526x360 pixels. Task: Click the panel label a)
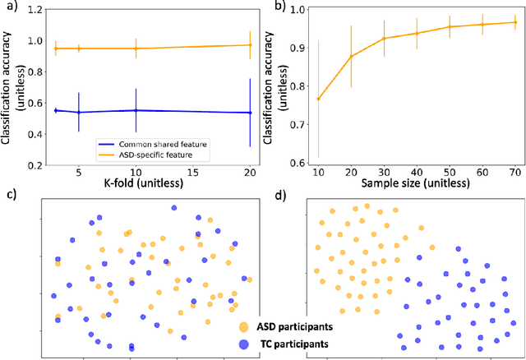[x=9, y=9]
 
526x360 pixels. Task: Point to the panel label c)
[x=9, y=196]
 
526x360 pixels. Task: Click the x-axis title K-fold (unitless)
[x=136, y=187]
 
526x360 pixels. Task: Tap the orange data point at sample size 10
[x=318, y=99]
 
